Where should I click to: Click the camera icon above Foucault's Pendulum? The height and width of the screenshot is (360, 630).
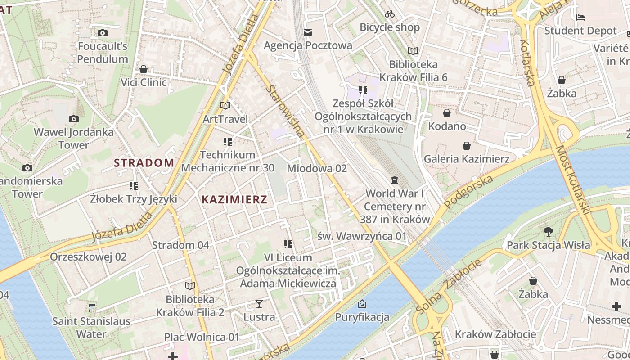[x=103, y=33]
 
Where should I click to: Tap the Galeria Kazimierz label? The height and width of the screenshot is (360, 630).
[x=467, y=159]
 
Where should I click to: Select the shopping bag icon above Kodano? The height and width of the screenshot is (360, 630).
[x=447, y=113]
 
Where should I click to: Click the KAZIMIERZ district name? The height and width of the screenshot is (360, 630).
[x=234, y=199]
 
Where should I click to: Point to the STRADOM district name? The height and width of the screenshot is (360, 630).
[x=144, y=163]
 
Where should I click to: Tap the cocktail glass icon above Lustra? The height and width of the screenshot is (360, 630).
[x=259, y=304]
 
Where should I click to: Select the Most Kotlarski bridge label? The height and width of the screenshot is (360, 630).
[x=572, y=180]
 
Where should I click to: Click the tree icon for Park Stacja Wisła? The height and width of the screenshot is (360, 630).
[x=548, y=232]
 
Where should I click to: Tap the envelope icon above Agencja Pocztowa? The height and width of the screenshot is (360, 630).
[x=308, y=32]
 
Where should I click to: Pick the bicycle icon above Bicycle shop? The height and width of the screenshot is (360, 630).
[x=390, y=14]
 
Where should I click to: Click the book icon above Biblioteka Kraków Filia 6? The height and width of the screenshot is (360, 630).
[x=413, y=51]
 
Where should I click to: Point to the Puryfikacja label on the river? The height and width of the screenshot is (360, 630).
[x=362, y=317]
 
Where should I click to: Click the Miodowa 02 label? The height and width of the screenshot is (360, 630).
[x=317, y=168]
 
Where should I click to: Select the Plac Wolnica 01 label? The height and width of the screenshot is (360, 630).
[x=202, y=337]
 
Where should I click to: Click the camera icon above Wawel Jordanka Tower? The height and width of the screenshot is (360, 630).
[x=74, y=119]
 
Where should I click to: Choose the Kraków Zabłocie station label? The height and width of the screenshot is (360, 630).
[x=495, y=334]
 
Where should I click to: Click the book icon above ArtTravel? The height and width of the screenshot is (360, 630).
[x=225, y=106]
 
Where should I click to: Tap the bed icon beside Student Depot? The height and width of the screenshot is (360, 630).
[x=580, y=18]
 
